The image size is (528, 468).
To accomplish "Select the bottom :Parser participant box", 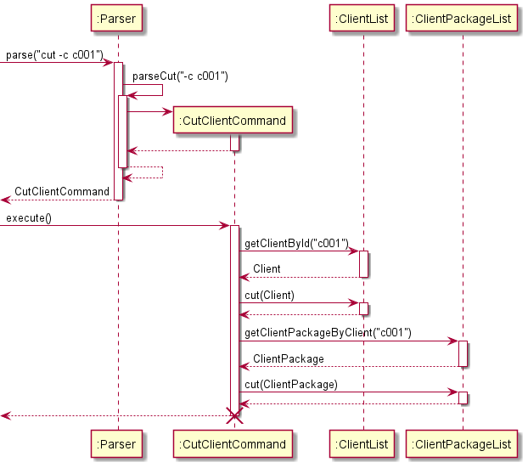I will (x=118, y=443).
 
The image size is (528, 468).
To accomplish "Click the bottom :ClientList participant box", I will (x=363, y=443).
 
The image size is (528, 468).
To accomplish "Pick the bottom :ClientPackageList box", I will (x=463, y=443).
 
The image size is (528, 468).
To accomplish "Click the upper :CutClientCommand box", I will (x=233, y=121).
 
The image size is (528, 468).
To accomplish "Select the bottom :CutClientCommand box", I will (x=233, y=443).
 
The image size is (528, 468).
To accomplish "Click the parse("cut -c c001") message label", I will (x=54, y=55).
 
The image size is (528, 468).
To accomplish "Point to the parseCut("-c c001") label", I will (x=180, y=76).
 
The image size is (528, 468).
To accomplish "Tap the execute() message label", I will (x=29, y=218).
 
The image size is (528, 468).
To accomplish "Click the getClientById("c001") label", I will (x=296, y=244).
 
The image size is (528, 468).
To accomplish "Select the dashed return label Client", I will (x=267, y=269).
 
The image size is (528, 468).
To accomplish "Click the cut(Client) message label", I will (x=269, y=295).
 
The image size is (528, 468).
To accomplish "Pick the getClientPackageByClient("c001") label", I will (x=328, y=333).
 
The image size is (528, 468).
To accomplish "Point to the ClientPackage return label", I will (x=289, y=358).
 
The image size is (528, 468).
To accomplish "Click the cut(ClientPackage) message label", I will (x=290, y=384).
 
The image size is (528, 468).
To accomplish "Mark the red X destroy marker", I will (x=234, y=416).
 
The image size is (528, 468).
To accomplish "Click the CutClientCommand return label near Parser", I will (x=62, y=192).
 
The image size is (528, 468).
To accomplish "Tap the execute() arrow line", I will (x=119, y=226).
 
